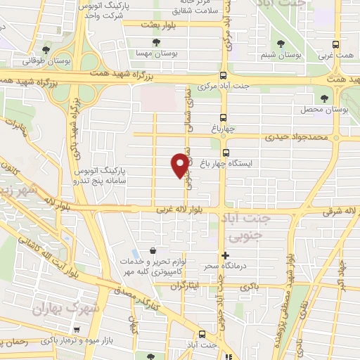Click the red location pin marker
tap(180, 165)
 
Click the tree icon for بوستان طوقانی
tap(46, 49)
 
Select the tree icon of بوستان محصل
tap(324, 98)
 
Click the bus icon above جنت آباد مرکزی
tap(224, 75)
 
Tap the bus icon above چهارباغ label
tap(224, 117)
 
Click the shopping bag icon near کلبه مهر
tap(153, 251)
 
